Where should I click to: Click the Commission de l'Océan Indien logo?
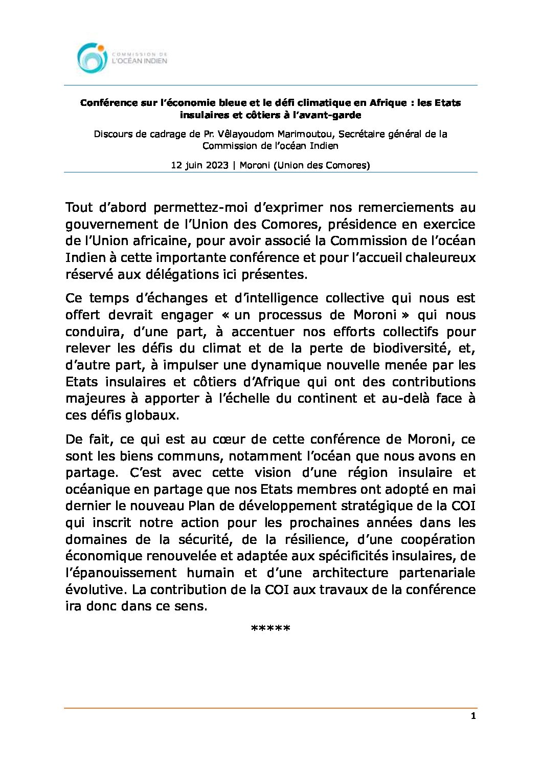(x=122, y=58)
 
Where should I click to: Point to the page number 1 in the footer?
(x=474, y=716)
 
